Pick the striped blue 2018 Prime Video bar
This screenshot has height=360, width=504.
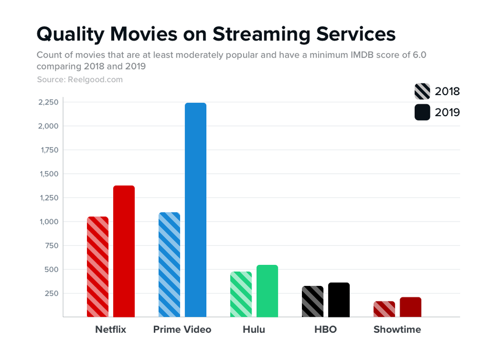point(169,264)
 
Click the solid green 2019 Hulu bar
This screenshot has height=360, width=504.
point(267,291)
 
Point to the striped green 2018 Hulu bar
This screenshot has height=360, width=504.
point(241,294)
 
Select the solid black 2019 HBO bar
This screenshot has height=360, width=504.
point(339,299)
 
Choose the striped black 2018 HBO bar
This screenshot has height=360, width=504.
point(313,301)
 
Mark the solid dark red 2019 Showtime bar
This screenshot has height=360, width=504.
point(410,307)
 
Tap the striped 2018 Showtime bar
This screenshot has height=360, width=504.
point(384,309)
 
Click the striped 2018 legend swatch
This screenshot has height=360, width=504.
point(422,92)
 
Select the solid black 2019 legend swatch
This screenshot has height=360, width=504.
point(422,112)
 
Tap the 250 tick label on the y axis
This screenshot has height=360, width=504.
point(51,293)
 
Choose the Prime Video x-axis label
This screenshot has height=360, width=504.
point(182,330)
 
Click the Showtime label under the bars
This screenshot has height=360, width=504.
point(397,330)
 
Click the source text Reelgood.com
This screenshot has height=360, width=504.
point(94,80)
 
